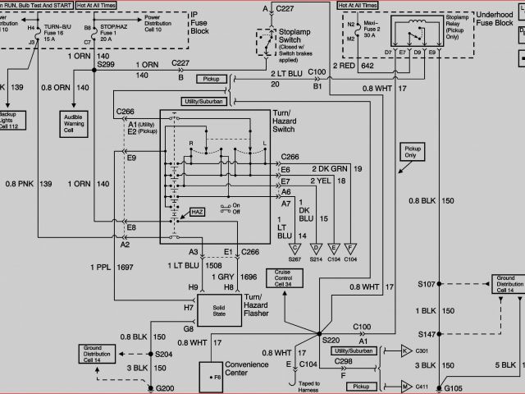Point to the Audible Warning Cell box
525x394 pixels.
[80, 123]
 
